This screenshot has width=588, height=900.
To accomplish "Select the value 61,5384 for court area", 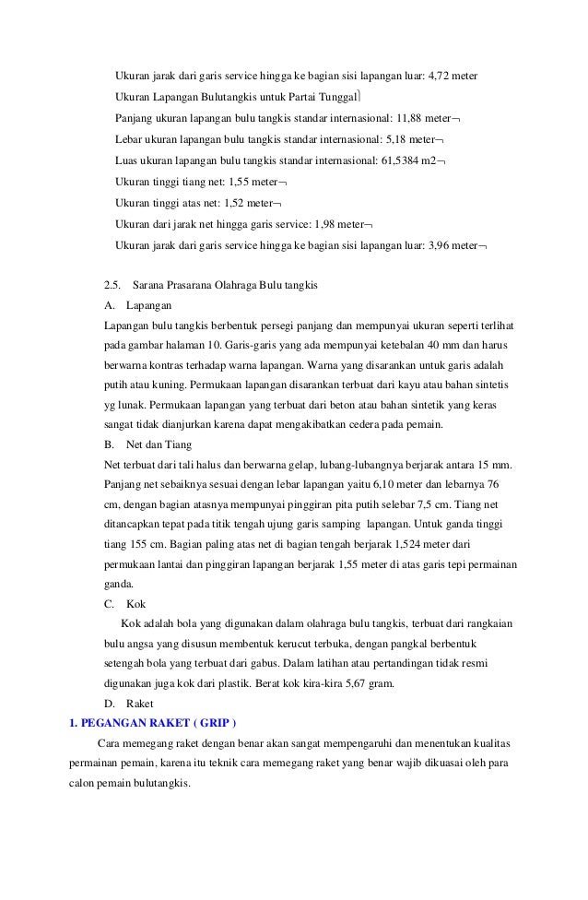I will pyautogui.click(x=400, y=160).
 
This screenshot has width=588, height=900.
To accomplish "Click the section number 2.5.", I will pyautogui.click(x=112, y=287).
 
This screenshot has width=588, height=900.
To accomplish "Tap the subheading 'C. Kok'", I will pyautogui.click(x=125, y=604).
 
